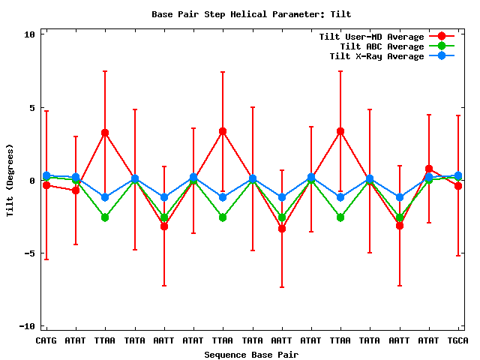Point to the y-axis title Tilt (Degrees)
(x=10, y=180)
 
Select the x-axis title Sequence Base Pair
(x=250, y=355)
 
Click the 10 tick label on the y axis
(x=29, y=34)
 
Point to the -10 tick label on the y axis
(x=26, y=326)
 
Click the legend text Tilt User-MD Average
(x=371, y=37)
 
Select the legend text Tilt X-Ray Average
(x=376, y=56)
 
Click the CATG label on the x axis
(x=46, y=341)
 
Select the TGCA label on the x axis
(x=458, y=341)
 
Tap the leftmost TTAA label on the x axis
(x=105, y=341)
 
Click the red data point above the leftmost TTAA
(x=105, y=133)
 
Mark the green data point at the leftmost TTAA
(x=105, y=217)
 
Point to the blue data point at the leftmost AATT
(x=164, y=197)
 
